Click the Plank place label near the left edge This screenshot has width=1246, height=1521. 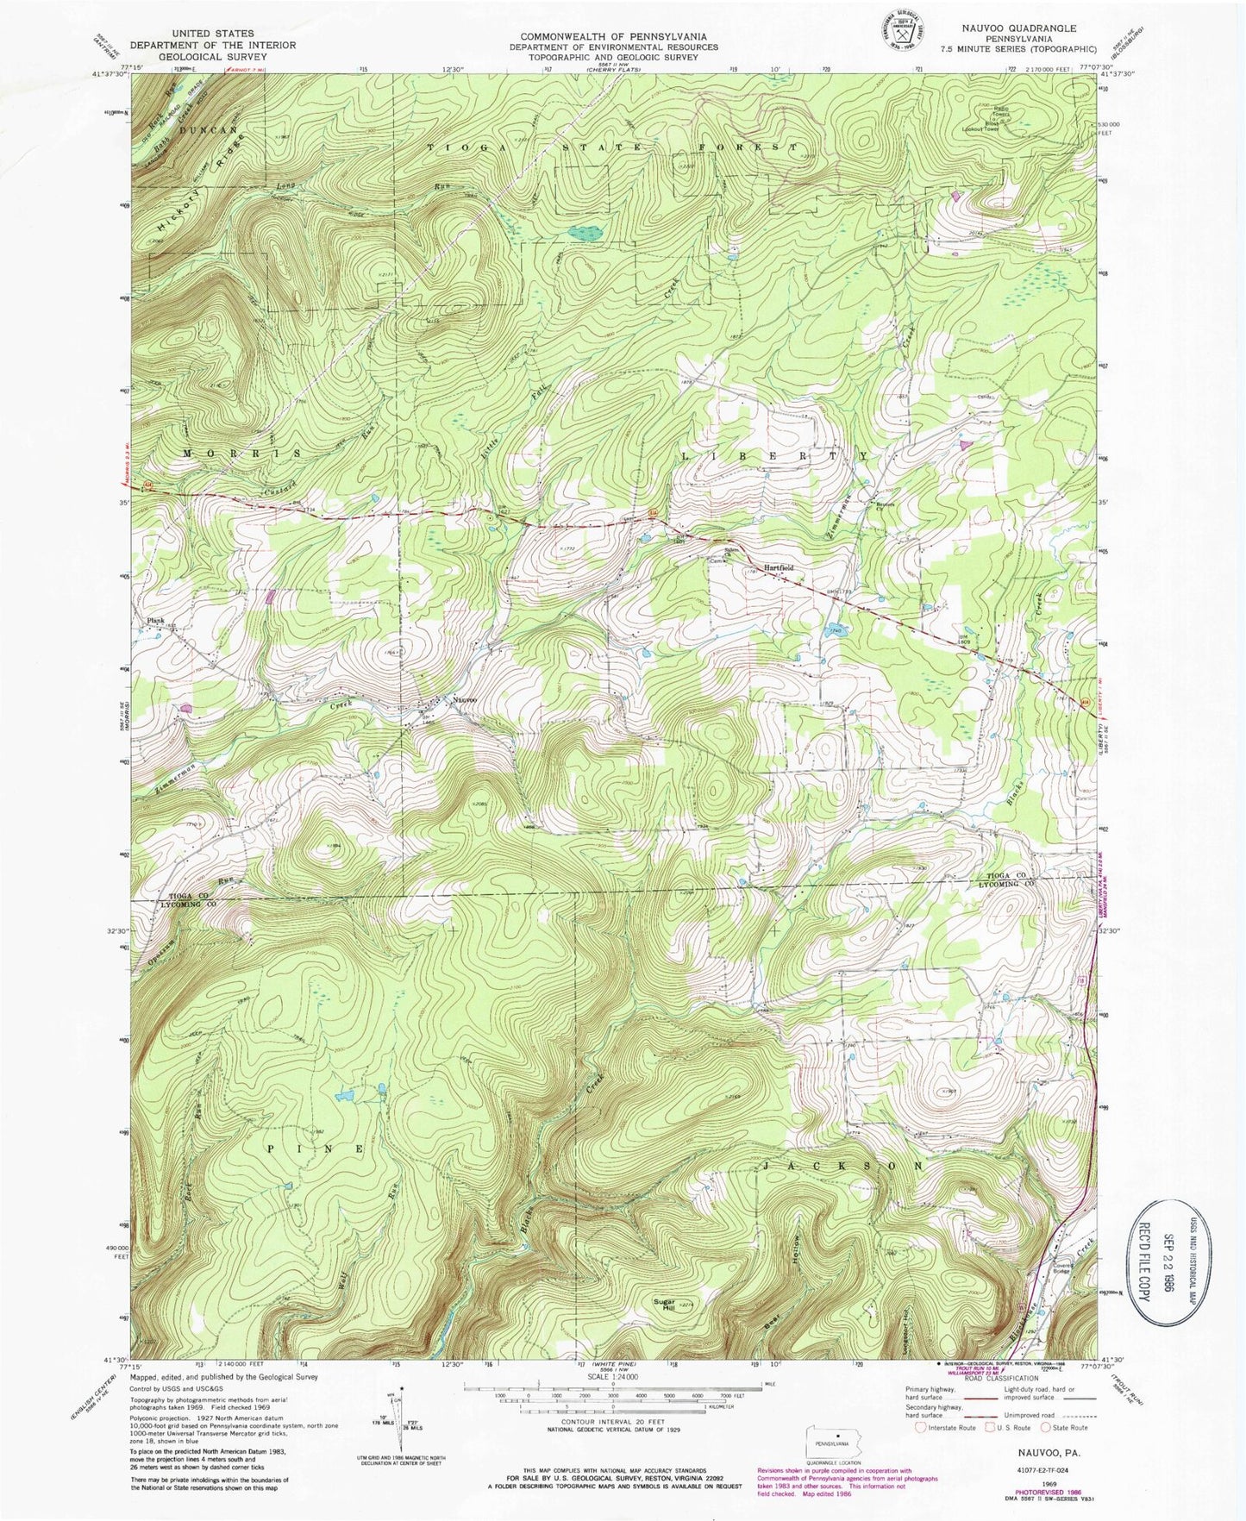(x=155, y=620)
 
